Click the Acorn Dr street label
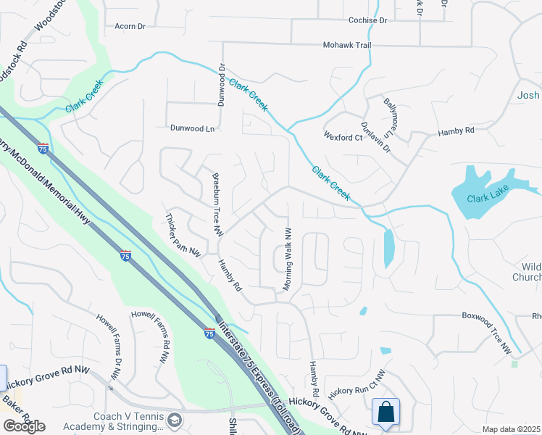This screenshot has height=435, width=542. click(130, 26)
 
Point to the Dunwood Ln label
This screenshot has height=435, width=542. click(193, 128)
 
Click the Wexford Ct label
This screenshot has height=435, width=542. click(343, 137)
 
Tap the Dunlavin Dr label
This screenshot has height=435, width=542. click(375, 137)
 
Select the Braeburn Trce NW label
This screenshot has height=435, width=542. click(216, 204)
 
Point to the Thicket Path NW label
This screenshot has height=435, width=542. click(182, 235)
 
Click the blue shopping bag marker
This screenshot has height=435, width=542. click(385, 412)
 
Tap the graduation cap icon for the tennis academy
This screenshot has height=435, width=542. click(175, 420)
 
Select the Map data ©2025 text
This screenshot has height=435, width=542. click(511, 429)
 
